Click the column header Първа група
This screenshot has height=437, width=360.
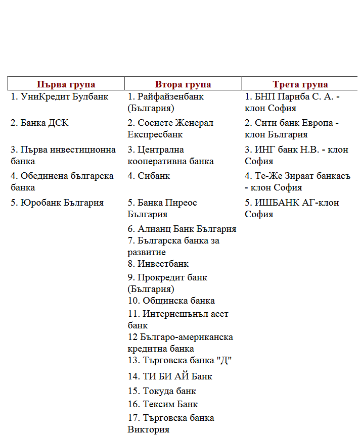tap(66, 84)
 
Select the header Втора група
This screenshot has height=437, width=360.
tap(183, 84)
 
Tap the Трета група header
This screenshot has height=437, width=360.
tap(300, 84)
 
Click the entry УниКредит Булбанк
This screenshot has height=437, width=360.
tap(60, 96)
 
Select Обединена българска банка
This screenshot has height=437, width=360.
tap(62, 181)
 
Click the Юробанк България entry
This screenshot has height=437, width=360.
tap(57, 203)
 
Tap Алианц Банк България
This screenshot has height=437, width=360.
tap(182, 229)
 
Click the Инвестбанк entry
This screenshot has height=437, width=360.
tap(158, 264)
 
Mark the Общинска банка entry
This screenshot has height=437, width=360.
tap(171, 301)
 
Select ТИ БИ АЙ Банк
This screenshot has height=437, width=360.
tap(170, 376)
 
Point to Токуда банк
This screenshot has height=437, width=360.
tap(162, 391)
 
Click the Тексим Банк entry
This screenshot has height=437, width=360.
tap(162, 404)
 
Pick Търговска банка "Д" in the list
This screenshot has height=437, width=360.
tap(179, 360)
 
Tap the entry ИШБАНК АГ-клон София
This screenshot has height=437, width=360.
tap(292, 208)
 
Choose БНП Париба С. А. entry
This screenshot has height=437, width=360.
tap(292, 96)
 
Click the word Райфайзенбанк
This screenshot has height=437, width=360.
tap(170, 96)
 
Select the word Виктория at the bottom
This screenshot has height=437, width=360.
tap(148, 430)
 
